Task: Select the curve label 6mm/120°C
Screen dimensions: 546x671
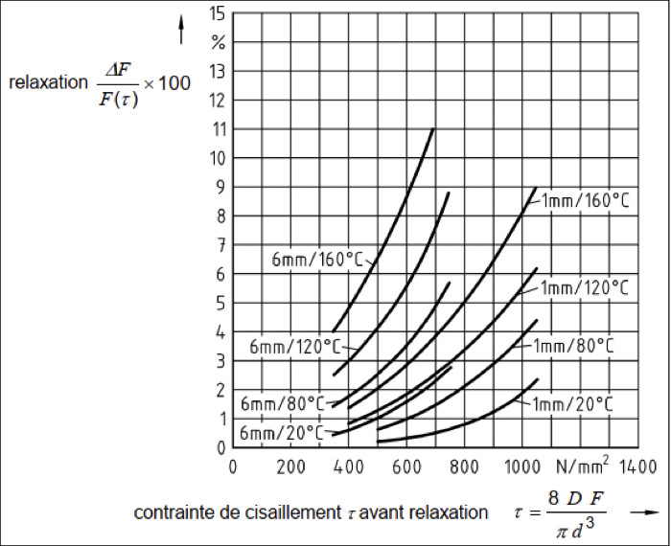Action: [289, 345]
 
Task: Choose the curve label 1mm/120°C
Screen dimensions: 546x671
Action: [585, 287]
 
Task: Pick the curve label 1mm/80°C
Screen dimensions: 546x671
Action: [574, 345]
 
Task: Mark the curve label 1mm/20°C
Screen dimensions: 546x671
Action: [574, 402]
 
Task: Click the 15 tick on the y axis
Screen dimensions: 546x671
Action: [217, 13]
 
